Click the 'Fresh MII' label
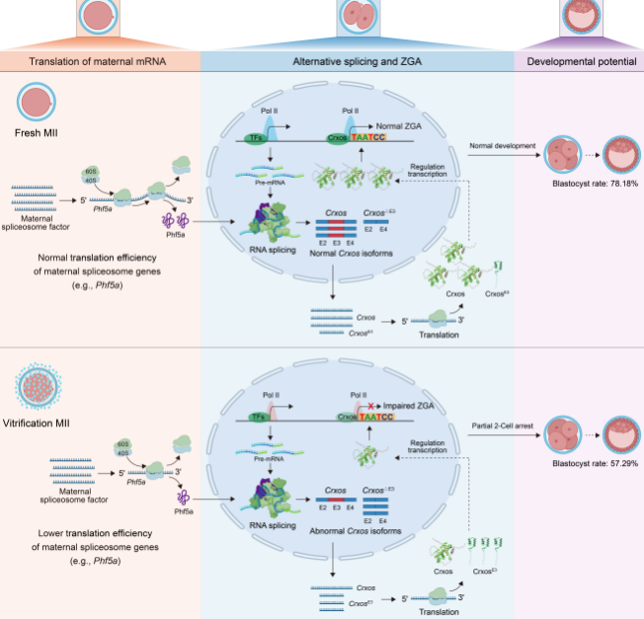[x=38, y=131]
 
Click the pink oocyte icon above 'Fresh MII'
[x=37, y=103]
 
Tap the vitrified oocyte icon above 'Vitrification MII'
[x=38, y=381]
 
